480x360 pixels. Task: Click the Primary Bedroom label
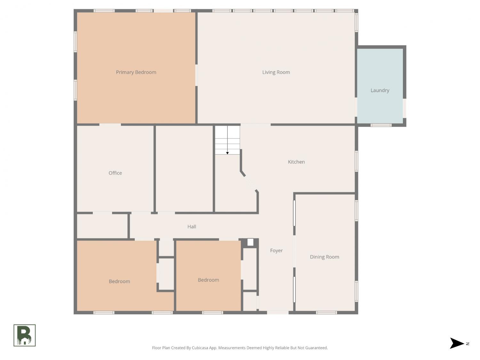136,72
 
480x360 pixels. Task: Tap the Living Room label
276,72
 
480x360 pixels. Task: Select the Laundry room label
380,90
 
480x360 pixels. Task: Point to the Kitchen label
296,162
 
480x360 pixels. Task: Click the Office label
115,173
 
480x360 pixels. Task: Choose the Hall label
192,227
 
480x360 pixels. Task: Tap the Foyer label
276,251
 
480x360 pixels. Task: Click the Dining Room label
324,257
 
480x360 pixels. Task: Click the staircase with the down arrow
228,140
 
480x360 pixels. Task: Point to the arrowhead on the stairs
228,153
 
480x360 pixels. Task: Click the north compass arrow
457,343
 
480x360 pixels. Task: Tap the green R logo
25,335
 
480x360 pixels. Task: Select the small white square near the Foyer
250,242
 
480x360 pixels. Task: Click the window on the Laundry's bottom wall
381,125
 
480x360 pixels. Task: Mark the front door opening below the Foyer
278,313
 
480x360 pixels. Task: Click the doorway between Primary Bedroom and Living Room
196,75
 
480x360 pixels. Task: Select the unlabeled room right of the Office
184,169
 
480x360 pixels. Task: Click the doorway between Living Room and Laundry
356,107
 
